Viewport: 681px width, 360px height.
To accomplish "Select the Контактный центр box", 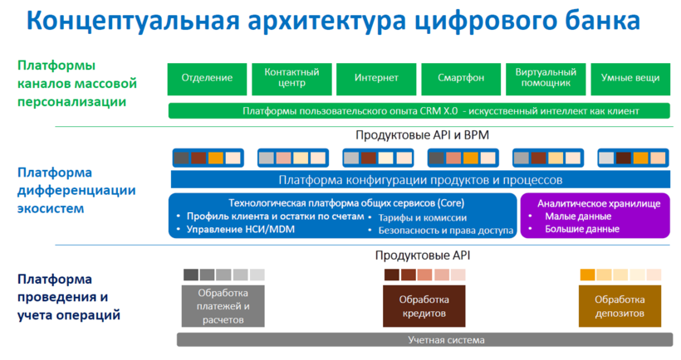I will click(292, 78).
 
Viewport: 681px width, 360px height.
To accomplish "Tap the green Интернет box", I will click(375, 78).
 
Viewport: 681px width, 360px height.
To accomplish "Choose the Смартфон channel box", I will click(461, 78).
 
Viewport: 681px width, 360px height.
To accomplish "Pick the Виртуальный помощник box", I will click(546, 78).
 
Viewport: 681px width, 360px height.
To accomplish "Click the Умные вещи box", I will click(630, 78).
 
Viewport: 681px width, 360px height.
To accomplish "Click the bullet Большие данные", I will click(581, 229).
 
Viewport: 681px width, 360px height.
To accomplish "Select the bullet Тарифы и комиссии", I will click(419, 217).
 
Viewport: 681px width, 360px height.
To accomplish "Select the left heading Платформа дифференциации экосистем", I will click(76, 190).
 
